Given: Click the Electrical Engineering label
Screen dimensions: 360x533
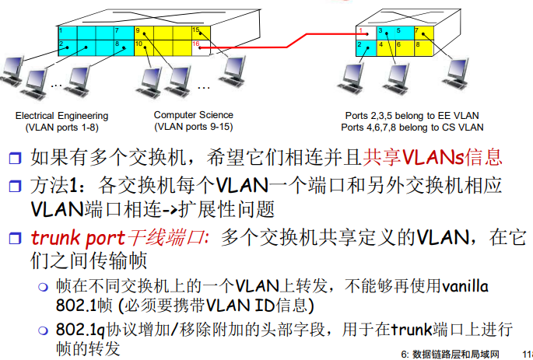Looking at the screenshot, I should coord(57,115).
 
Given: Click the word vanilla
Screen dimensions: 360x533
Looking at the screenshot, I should coord(465,287).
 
